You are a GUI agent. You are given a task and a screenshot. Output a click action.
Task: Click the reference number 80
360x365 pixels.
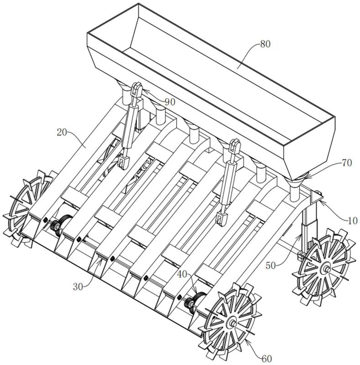pyautogui.click(x=265, y=44)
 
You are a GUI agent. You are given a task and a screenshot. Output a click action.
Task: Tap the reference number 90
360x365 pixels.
pyautogui.click(x=170, y=102)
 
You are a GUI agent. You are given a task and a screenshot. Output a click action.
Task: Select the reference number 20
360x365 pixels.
pyautogui.click(x=62, y=132)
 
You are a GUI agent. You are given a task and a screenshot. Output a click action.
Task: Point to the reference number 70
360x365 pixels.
pyautogui.click(x=347, y=163)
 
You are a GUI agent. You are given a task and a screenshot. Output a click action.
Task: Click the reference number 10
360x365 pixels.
pyautogui.click(x=352, y=220)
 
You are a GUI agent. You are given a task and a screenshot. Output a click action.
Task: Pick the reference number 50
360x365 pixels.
pyautogui.click(x=271, y=266)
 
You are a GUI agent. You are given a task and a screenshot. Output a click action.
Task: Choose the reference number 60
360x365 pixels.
pyautogui.click(x=267, y=359)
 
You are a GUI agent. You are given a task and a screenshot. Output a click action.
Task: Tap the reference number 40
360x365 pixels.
pyautogui.click(x=182, y=275)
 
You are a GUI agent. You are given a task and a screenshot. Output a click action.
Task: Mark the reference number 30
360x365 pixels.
pyautogui.click(x=78, y=287)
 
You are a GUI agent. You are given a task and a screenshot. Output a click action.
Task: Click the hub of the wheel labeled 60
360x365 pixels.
pyautogui.click(x=233, y=323)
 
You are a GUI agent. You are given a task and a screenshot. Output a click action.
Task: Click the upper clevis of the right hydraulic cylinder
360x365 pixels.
pyautogui.click(x=235, y=146)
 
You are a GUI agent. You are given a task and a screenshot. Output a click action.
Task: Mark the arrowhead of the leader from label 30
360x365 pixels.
pyautogui.click(x=100, y=261)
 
